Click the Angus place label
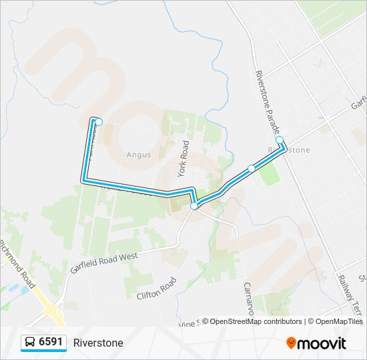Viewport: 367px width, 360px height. click(139, 155)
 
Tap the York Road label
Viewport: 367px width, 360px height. click(183, 158)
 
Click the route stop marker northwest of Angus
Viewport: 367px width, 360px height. click(99, 122)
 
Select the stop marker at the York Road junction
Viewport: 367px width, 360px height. click(194, 207)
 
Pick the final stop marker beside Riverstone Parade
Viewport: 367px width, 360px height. click(280, 140)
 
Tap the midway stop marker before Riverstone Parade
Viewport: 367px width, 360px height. click(251, 169)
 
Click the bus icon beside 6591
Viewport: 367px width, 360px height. click(30, 343)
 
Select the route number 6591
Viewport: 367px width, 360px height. click(51, 343)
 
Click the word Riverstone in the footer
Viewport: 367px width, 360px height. click(98, 343)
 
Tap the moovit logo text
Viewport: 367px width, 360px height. click(322, 343)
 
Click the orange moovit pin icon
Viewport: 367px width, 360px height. click(291, 343)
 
